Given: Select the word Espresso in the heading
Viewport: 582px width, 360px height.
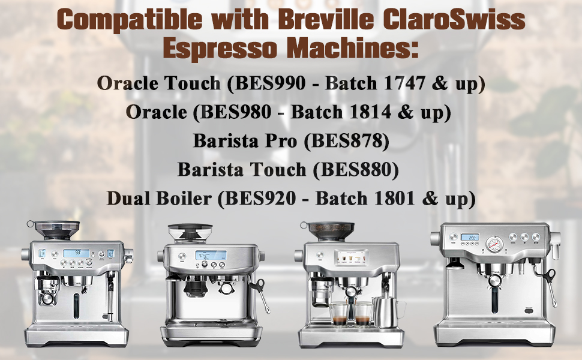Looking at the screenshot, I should pos(212,48).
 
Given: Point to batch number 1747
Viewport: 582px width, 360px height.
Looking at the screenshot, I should pos(406,83).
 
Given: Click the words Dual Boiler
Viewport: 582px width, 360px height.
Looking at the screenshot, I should pos(159,198).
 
